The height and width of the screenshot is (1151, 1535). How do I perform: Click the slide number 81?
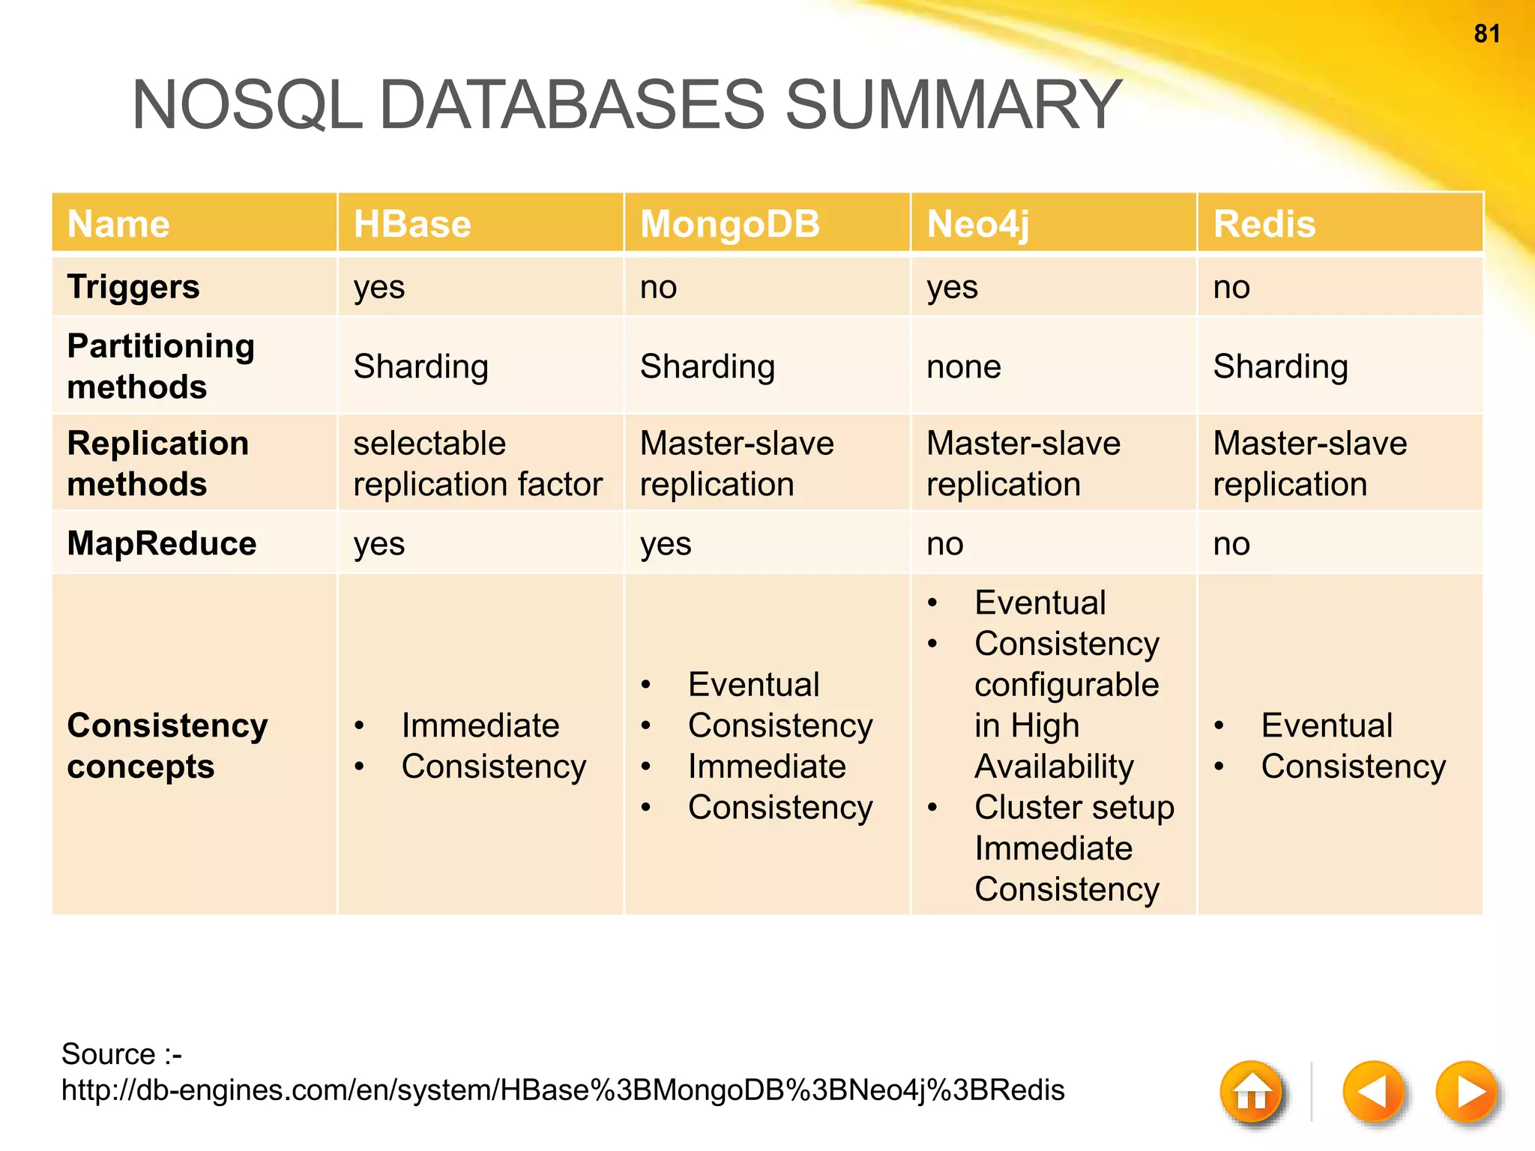[1487, 34]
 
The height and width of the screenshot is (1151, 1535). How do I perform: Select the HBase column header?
[412, 224]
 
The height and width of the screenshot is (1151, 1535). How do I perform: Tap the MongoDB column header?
[730, 224]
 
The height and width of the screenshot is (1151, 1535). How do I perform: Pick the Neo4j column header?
[978, 224]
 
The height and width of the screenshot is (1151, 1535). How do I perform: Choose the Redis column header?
[1264, 224]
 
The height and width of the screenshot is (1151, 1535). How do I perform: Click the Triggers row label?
[133, 287]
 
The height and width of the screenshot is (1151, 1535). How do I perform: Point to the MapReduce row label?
[162, 543]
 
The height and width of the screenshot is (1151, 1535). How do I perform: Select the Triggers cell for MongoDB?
[659, 287]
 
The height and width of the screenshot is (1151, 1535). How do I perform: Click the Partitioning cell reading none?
[964, 366]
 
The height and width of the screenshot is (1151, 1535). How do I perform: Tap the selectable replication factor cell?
[477, 463]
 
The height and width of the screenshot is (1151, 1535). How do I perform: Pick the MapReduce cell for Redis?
[1231, 543]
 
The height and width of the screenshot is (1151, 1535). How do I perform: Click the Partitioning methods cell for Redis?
[1280, 366]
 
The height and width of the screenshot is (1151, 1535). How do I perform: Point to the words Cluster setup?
[1074, 807]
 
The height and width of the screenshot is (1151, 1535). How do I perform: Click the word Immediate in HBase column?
[480, 725]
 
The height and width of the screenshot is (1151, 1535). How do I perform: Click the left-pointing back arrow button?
[1373, 1092]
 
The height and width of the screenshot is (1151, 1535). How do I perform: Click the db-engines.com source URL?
[562, 1090]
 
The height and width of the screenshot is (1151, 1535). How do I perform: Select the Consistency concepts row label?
[166, 746]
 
